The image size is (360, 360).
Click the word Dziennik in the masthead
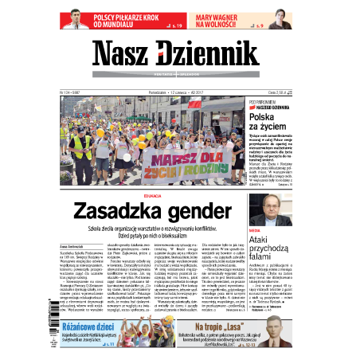point(217,55)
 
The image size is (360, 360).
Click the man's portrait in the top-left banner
point(76,19)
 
